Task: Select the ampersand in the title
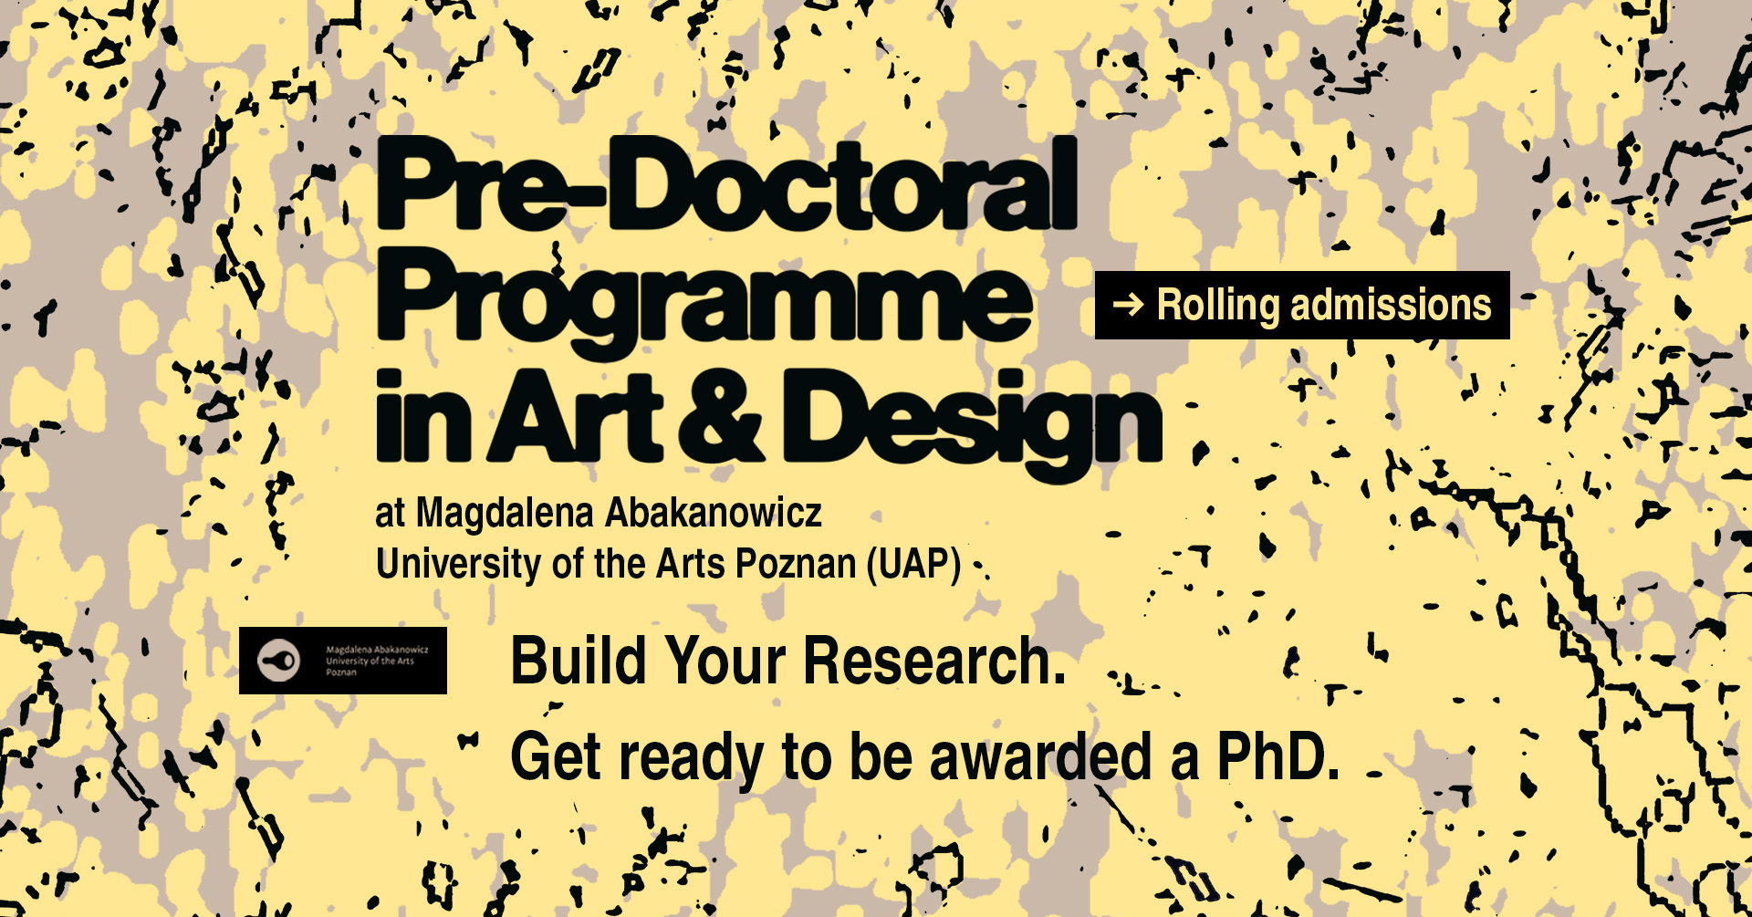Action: coord(721,416)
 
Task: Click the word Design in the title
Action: coord(972,425)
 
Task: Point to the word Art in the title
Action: coord(578,416)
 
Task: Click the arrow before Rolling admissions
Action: coord(1128,304)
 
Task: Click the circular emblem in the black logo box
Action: coord(278,660)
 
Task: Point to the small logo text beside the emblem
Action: coord(377,661)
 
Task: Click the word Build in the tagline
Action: coord(579,661)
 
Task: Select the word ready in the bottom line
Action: coord(692,761)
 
